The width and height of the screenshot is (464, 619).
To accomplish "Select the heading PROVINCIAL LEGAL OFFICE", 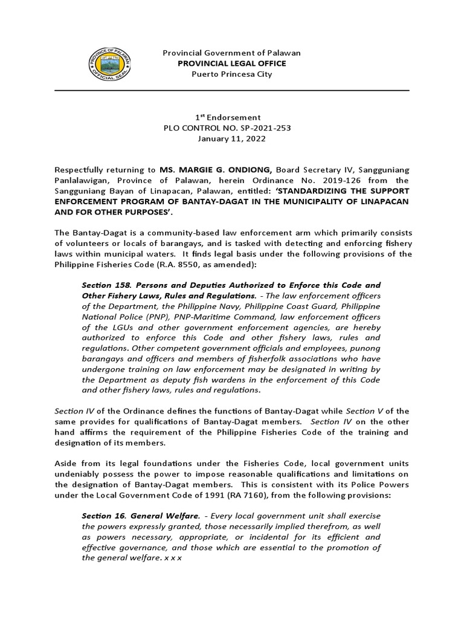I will (231, 63).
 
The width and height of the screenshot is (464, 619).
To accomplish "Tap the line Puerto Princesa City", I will (231, 74).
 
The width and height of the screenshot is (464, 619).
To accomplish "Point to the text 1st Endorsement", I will (231, 117).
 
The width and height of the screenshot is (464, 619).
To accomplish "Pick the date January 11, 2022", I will (231, 138).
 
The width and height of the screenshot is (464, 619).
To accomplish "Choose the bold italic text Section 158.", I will (103, 285).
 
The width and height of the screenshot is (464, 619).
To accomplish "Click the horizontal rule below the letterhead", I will (231, 91).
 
